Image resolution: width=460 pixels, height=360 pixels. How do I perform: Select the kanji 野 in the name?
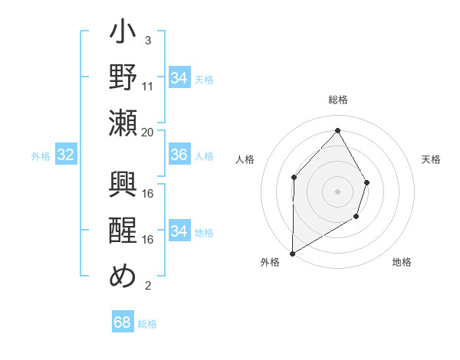[123, 78]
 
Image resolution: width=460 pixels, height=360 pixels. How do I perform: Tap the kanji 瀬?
[123, 123]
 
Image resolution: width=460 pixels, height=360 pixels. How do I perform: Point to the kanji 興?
[123, 186]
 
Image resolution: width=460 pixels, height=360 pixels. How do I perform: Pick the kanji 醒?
[123, 231]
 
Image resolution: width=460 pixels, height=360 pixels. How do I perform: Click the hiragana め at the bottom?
[123, 276]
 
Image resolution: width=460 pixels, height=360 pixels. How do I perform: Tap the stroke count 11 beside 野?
[148, 87]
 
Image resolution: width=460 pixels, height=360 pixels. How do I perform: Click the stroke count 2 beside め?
[147, 286]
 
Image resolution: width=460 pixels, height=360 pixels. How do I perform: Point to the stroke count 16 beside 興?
[148, 193]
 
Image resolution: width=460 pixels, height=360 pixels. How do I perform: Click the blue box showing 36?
[179, 155]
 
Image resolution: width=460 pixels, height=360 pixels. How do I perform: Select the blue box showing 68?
[123, 322]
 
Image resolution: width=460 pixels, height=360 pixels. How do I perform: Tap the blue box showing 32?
[66, 155]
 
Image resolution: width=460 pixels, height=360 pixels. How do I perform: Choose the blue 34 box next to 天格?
[179, 78]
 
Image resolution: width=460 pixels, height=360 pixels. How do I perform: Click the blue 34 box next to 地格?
[179, 231]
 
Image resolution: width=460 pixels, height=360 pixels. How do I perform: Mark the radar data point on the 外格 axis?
[292, 253]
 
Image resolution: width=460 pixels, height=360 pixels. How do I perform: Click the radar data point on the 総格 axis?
[337, 130]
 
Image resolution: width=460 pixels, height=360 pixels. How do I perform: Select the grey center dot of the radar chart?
[337, 191]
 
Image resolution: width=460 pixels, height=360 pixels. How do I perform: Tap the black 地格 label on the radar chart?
[402, 262]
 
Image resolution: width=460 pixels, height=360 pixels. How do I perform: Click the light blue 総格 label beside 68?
[147, 324]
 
